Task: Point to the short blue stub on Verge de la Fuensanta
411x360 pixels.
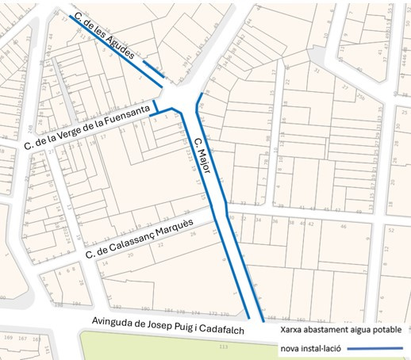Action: coord(156,109)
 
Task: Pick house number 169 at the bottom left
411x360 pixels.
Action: coord(9,338)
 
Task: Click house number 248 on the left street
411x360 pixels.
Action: coord(29,129)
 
